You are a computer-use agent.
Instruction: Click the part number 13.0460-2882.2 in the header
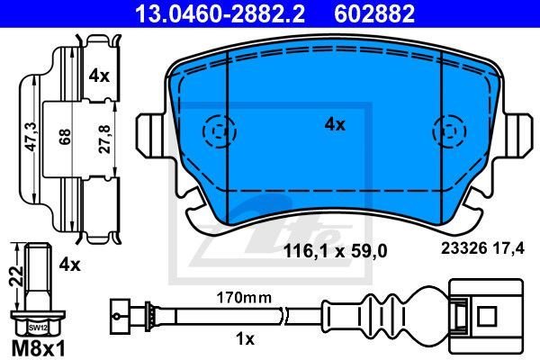(220, 13)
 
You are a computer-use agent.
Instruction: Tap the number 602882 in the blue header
(374, 13)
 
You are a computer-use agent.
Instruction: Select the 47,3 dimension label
(31, 137)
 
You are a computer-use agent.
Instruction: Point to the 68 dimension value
(65, 137)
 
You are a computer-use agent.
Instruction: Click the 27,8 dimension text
(104, 139)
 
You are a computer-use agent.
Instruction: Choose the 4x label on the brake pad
(335, 124)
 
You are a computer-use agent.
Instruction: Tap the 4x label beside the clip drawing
(99, 76)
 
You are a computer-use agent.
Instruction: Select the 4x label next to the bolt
(69, 265)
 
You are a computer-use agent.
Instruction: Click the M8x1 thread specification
(38, 349)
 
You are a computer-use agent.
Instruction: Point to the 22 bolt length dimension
(16, 276)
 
